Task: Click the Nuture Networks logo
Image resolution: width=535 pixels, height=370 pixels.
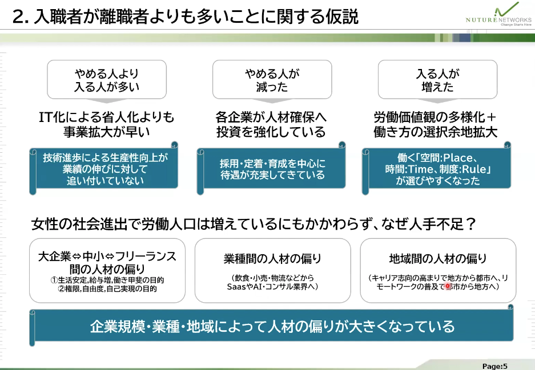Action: tap(499, 15)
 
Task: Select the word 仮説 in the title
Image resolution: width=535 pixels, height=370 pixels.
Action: tap(343, 17)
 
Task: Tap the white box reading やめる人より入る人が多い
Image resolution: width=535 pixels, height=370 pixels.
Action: tap(107, 80)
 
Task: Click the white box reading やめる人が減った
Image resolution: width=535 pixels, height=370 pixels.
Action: tap(272, 80)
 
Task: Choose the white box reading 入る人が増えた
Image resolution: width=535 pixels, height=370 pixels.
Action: tap(437, 80)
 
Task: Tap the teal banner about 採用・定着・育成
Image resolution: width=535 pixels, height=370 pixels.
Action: tap(272, 169)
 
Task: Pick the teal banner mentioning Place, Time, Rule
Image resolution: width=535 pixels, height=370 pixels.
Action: tap(438, 169)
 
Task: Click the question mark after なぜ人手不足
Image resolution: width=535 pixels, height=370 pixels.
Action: tap(471, 223)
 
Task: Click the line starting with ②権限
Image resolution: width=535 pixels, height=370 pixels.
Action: tap(107, 289)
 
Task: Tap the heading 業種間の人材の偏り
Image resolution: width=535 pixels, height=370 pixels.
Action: tap(272, 259)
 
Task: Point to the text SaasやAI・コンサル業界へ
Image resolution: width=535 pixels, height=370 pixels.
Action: tap(272, 286)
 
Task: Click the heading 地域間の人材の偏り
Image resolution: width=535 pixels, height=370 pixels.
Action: tap(437, 259)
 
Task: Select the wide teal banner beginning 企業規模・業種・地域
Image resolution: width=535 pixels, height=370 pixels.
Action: tap(272, 326)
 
